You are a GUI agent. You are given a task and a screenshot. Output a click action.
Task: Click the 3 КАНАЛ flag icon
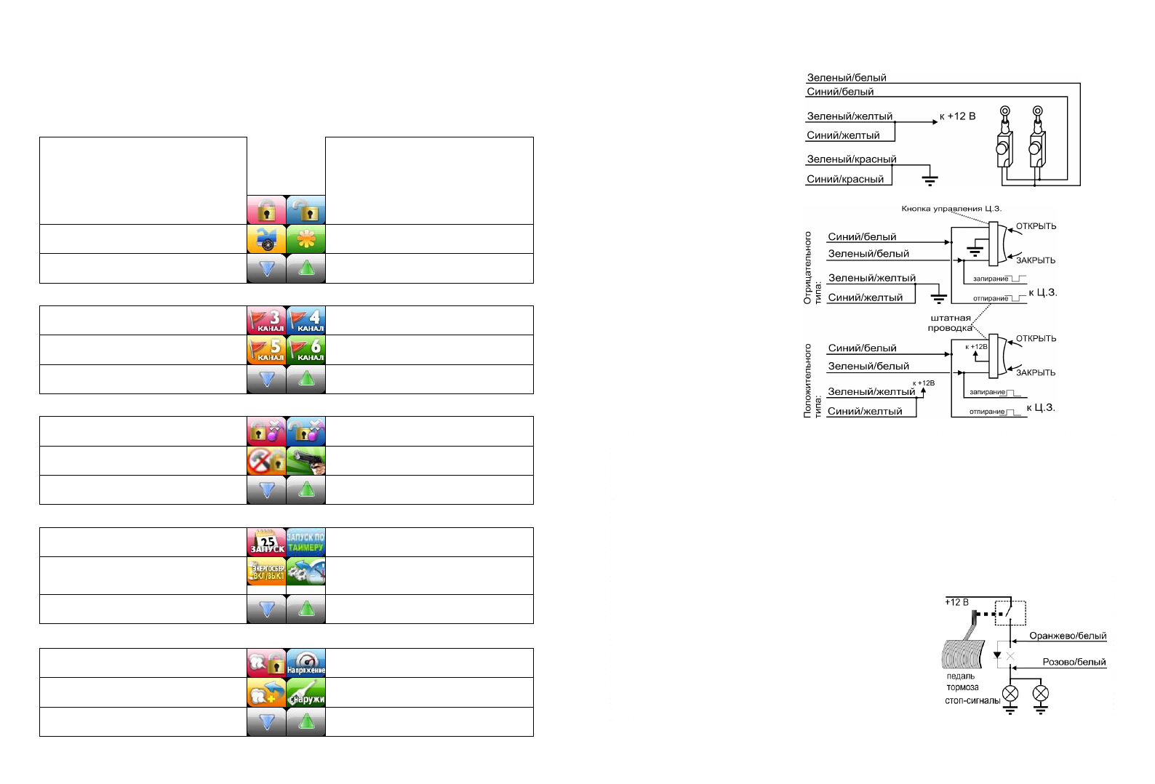pos(267,320)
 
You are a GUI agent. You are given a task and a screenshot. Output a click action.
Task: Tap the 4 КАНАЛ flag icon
pos(306,320)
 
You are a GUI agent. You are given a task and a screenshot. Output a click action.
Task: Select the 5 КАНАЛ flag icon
pos(267,350)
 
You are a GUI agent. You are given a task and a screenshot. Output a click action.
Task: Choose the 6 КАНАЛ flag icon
pos(306,350)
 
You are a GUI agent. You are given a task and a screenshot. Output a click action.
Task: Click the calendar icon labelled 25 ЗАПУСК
pos(267,542)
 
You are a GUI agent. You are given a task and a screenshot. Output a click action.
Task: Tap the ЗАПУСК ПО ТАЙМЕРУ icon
pos(306,542)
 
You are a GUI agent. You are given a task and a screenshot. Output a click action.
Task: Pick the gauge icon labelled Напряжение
pos(306,663)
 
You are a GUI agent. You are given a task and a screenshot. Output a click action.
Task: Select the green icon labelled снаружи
pos(306,692)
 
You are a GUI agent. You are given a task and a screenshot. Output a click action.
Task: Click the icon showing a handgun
pos(306,460)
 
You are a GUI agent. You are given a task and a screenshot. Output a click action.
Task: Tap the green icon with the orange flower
pos(306,239)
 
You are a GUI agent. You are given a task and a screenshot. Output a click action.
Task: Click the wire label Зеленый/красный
pos(851,159)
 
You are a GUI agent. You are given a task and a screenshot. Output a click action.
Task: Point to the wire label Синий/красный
pos(845,179)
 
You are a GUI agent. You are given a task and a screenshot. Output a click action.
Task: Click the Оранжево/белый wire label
pos(1067,636)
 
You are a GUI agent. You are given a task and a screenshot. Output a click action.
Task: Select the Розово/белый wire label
pos(1074,662)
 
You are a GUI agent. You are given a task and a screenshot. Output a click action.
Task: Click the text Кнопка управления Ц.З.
pos(951,209)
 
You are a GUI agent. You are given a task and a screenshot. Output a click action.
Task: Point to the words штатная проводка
pos(950,323)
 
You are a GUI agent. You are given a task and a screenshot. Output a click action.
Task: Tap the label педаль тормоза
pos(962,681)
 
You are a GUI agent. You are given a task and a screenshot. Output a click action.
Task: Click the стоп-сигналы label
pos(972,700)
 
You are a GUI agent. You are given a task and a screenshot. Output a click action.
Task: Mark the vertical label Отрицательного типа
pos(812,268)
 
